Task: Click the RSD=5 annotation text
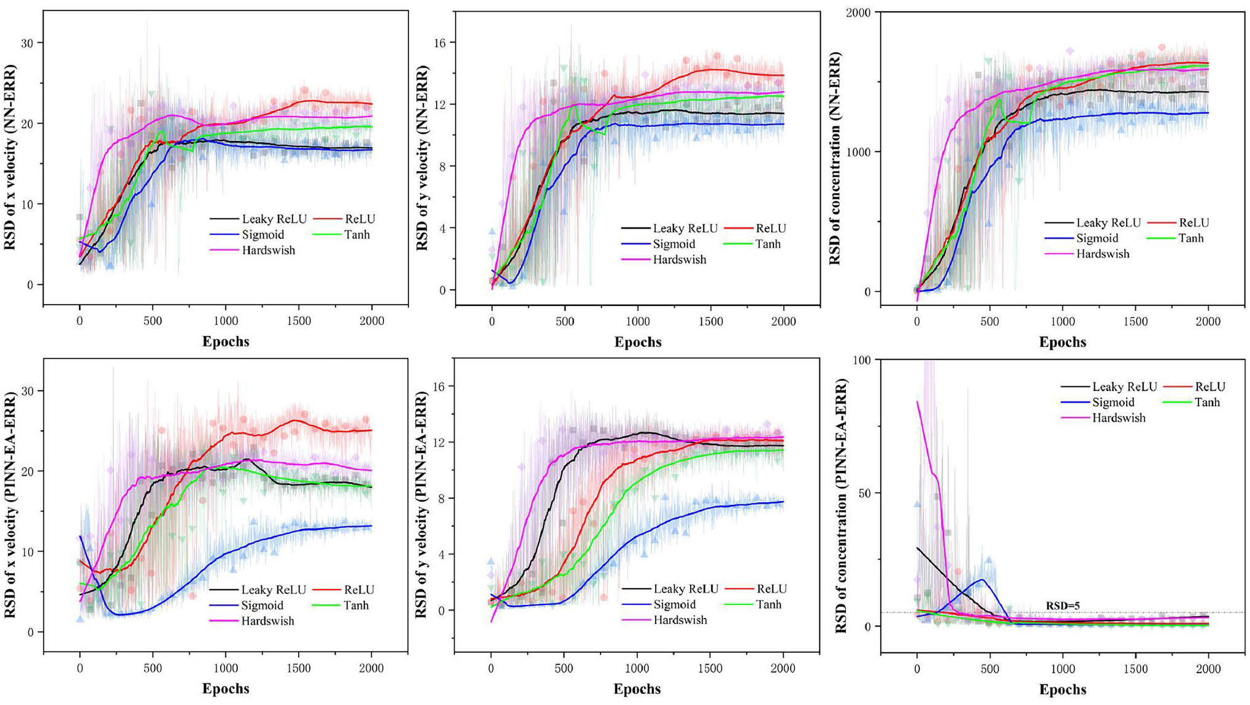point(1062,606)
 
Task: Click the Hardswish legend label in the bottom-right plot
point(1118,418)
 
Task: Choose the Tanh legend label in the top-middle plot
point(767,244)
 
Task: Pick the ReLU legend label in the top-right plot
point(1194,223)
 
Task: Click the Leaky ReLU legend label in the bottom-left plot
point(274,590)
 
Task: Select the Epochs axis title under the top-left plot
point(226,341)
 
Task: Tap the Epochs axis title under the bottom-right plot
point(1062,689)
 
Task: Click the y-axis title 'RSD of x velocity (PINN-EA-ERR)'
point(10,505)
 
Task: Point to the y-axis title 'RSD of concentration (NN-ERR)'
point(835,158)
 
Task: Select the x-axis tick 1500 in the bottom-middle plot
point(710,668)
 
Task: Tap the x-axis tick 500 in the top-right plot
point(989,321)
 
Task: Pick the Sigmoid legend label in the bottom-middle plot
point(674,604)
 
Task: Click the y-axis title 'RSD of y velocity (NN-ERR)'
point(423,158)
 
